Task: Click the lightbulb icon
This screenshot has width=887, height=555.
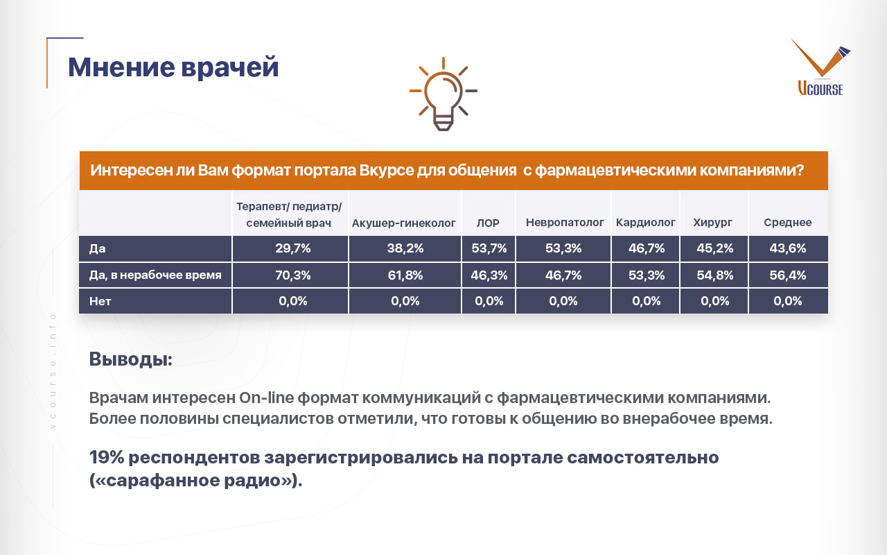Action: [x=443, y=94]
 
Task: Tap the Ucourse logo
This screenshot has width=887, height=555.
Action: [x=821, y=67]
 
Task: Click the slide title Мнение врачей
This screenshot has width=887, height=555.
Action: [x=173, y=67]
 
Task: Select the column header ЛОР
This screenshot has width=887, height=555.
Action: [x=488, y=223]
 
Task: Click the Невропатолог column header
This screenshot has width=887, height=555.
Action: [x=565, y=223]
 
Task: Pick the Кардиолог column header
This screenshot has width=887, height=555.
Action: [x=645, y=223]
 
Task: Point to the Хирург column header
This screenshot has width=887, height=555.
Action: [x=712, y=223]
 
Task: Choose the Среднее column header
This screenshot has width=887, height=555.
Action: [x=788, y=223]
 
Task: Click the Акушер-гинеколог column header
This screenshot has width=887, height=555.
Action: [x=404, y=223]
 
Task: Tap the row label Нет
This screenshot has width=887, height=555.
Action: [x=100, y=301]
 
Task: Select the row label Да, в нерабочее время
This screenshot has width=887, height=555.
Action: [x=155, y=275]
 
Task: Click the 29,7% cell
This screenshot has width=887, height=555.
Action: [x=293, y=248]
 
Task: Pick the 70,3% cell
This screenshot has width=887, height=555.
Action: [x=293, y=275]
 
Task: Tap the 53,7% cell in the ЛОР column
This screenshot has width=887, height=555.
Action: [x=489, y=248]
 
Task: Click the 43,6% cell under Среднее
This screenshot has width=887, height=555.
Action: [x=788, y=248]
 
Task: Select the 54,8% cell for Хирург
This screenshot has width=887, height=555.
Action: [x=715, y=275]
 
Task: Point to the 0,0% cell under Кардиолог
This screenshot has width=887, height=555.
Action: [x=647, y=301]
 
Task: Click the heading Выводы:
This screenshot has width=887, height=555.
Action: [x=131, y=359]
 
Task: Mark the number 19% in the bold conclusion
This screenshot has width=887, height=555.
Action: [x=107, y=457]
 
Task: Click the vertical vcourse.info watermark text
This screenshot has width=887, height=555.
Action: [x=53, y=371]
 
